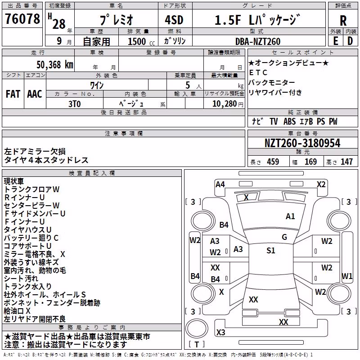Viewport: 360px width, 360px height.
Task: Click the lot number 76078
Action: tap(22, 18)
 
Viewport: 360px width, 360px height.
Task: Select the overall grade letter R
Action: tap(343, 20)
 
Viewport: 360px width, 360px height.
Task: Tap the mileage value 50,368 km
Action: tap(55, 65)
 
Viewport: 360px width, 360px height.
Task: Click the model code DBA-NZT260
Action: tap(257, 41)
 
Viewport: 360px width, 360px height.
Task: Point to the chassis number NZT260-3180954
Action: tap(302, 143)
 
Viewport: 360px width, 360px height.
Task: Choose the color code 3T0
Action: tap(74, 104)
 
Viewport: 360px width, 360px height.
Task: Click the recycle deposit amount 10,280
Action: tap(224, 104)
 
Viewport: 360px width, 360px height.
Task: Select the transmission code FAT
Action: tap(13, 94)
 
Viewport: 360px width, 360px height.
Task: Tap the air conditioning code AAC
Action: tap(35, 94)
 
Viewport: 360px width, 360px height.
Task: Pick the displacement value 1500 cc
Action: tap(141, 41)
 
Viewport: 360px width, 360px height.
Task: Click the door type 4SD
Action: tap(174, 20)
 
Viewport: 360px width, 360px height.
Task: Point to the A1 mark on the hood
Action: tap(290, 216)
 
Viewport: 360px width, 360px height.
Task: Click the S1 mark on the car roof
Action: tap(271, 250)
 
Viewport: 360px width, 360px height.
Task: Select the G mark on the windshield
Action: tap(284, 237)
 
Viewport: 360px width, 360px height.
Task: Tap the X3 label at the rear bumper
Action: tap(220, 332)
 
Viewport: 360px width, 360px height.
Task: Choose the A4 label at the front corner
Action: tap(220, 184)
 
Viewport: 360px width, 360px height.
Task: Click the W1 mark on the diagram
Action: tap(346, 276)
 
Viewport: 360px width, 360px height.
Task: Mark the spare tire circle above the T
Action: tap(197, 328)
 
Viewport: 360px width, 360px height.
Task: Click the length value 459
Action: tap(273, 162)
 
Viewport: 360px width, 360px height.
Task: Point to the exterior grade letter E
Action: tap(336, 41)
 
